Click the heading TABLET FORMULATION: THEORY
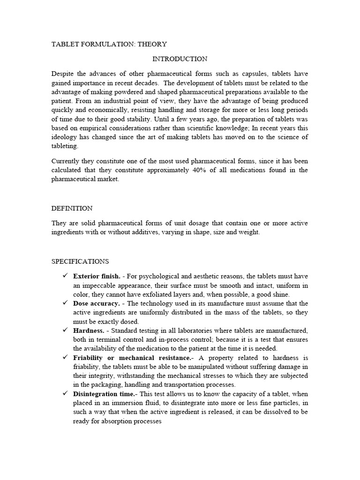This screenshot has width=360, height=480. click(x=109, y=44)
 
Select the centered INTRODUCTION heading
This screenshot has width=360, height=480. click(x=180, y=59)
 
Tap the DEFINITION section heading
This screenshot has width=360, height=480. click(x=72, y=208)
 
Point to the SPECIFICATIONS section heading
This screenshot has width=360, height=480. click(x=80, y=261)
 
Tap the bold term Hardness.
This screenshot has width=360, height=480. click(x=89, y=330)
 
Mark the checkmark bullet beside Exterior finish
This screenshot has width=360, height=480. click(x=65, y=276)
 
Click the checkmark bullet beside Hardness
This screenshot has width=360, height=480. click(x=65, y=330)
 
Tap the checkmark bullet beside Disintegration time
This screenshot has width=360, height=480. click(x=65, y=394)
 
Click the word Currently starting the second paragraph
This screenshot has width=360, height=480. click(x=66, y=161)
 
